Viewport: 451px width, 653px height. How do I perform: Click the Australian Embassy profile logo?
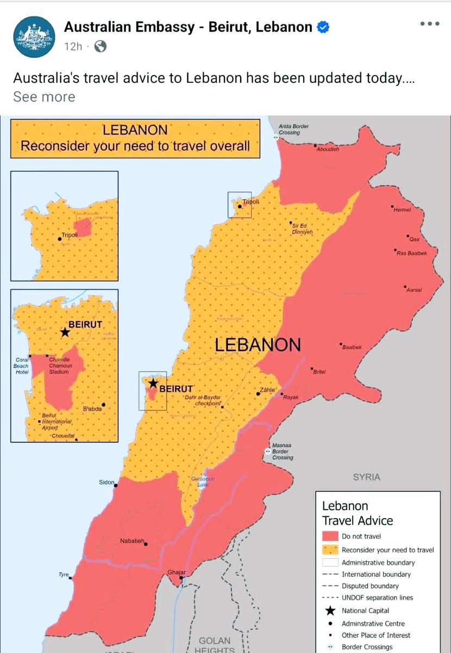[x=34, y=36]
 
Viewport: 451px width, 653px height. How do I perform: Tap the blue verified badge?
[x=323, y=27]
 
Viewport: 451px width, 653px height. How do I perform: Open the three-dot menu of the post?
[x=430, y=24]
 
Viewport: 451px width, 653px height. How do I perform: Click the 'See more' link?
[x=44, y=97]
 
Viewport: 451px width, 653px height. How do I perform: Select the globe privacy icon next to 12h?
[x=100, y=46]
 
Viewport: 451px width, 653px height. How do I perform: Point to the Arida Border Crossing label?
[x=293, y=130]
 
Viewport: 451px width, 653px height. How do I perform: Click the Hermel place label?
[x=403, y=210]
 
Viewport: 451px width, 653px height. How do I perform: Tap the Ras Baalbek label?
[x=412, y=254]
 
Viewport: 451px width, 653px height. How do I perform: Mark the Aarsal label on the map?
[x=414, y=290]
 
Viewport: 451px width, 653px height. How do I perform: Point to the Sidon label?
[x=107, y=482]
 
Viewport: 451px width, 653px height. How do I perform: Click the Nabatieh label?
[x=131, y=541]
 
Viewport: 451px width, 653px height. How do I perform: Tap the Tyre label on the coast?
[x=64, y=575]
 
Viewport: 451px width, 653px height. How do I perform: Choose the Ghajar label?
[x=177, y=572]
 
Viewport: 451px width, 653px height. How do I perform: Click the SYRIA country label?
[x=367, y=477]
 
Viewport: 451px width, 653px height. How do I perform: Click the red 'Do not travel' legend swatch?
[x=330, y=536]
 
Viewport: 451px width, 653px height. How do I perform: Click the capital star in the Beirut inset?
[x=65, y=332]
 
